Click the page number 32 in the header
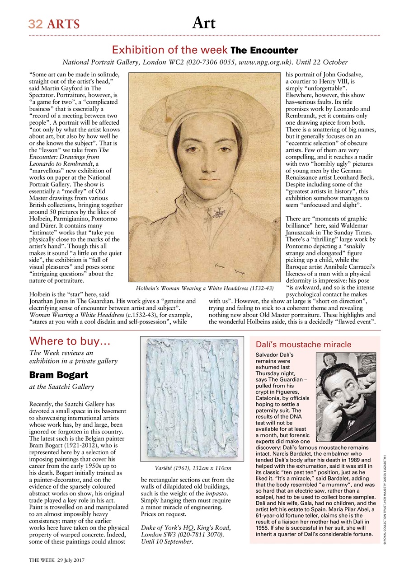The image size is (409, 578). tap(35, 24)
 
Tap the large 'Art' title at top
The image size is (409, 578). tap(204, 23)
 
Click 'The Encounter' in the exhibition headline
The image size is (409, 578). tap(264, 50)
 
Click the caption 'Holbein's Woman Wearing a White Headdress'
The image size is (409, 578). tap(205, 288)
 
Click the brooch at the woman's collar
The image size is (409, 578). tap(220, 211)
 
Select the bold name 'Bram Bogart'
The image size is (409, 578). tap(58, 375)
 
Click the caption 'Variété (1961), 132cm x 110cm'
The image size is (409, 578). tap(193, 468)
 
